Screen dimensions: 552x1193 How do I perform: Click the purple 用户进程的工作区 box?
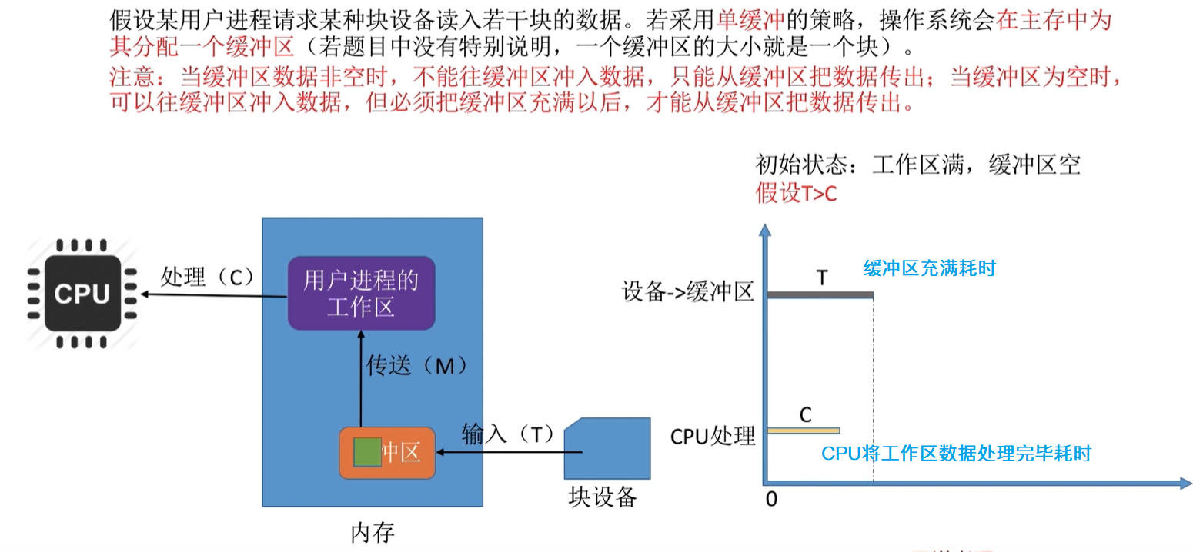point(361,293)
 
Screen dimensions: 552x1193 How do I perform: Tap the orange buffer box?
point(387,453)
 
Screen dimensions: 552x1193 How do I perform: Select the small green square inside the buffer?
point(367,452)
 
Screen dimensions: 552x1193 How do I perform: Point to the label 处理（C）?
point(207,277)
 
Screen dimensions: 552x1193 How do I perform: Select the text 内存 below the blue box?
point(373,532)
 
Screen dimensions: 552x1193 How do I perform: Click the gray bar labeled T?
point(820,295)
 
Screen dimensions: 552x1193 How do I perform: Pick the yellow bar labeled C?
point(803,431)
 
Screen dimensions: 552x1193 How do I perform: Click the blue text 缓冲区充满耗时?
point(929,268)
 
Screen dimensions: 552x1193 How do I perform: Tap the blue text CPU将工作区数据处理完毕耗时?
point(956,454)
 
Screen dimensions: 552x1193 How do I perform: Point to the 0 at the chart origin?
point(771,499)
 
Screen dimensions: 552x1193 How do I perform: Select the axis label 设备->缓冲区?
point(687,293)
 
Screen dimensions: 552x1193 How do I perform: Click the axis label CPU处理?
point(713,436)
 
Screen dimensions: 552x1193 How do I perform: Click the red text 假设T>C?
point(796,193)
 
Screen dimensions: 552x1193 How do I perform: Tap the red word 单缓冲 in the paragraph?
point(744,21)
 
